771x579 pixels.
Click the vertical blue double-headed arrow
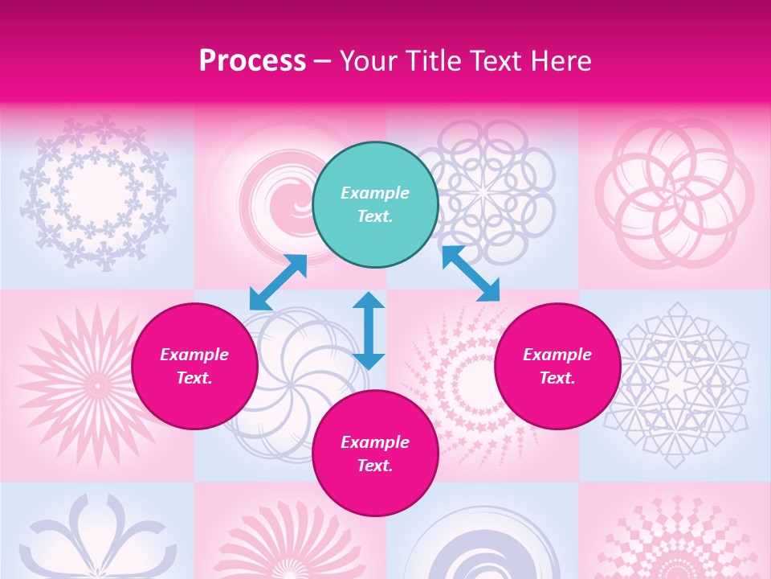369,331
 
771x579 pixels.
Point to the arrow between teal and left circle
278,282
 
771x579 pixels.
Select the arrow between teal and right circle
471,273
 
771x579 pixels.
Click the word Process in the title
252,61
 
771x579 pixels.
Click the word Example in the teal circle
375,193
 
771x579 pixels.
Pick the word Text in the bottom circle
374,466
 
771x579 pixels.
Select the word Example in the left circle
194,355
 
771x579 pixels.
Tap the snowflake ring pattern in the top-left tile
96,193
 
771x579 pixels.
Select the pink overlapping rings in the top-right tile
675,193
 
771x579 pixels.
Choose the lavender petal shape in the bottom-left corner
96,539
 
